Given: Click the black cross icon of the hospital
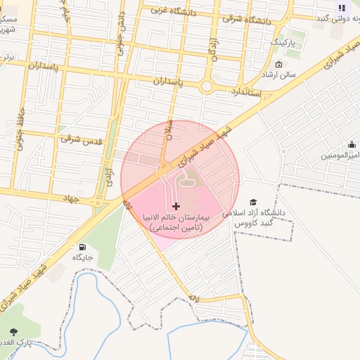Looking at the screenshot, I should pos(176,206).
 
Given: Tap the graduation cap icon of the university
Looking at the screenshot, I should pos(253,202).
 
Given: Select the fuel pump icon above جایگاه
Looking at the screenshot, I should pos(83,247).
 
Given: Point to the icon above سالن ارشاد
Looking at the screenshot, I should pos(279,66).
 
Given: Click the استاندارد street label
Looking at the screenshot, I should pos(245,92).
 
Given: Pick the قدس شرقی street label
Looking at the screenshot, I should pos(81,139).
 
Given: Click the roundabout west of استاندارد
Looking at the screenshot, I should pos(207,86).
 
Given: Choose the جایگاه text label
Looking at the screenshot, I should pos(83,258).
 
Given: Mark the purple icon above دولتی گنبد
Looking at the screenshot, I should pos(342,8).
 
